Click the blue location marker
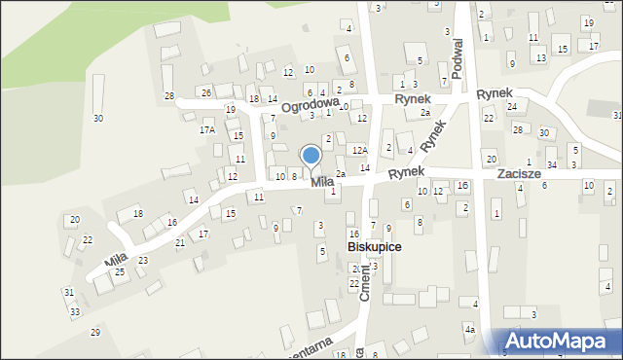pos(311,156)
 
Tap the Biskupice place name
pos(375,247)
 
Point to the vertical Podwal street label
pos(458,58)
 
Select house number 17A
pos(206,129)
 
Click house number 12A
pos(360,150)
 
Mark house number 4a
pos(469,331)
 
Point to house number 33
pos(75,311)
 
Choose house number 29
pos(95,333)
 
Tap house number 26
pos(206,92)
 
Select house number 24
pos(512,107)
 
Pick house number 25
pos(120,271)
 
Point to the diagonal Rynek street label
pos(434,138)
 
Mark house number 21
pos(180,242)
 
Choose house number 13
pos(540,58)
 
